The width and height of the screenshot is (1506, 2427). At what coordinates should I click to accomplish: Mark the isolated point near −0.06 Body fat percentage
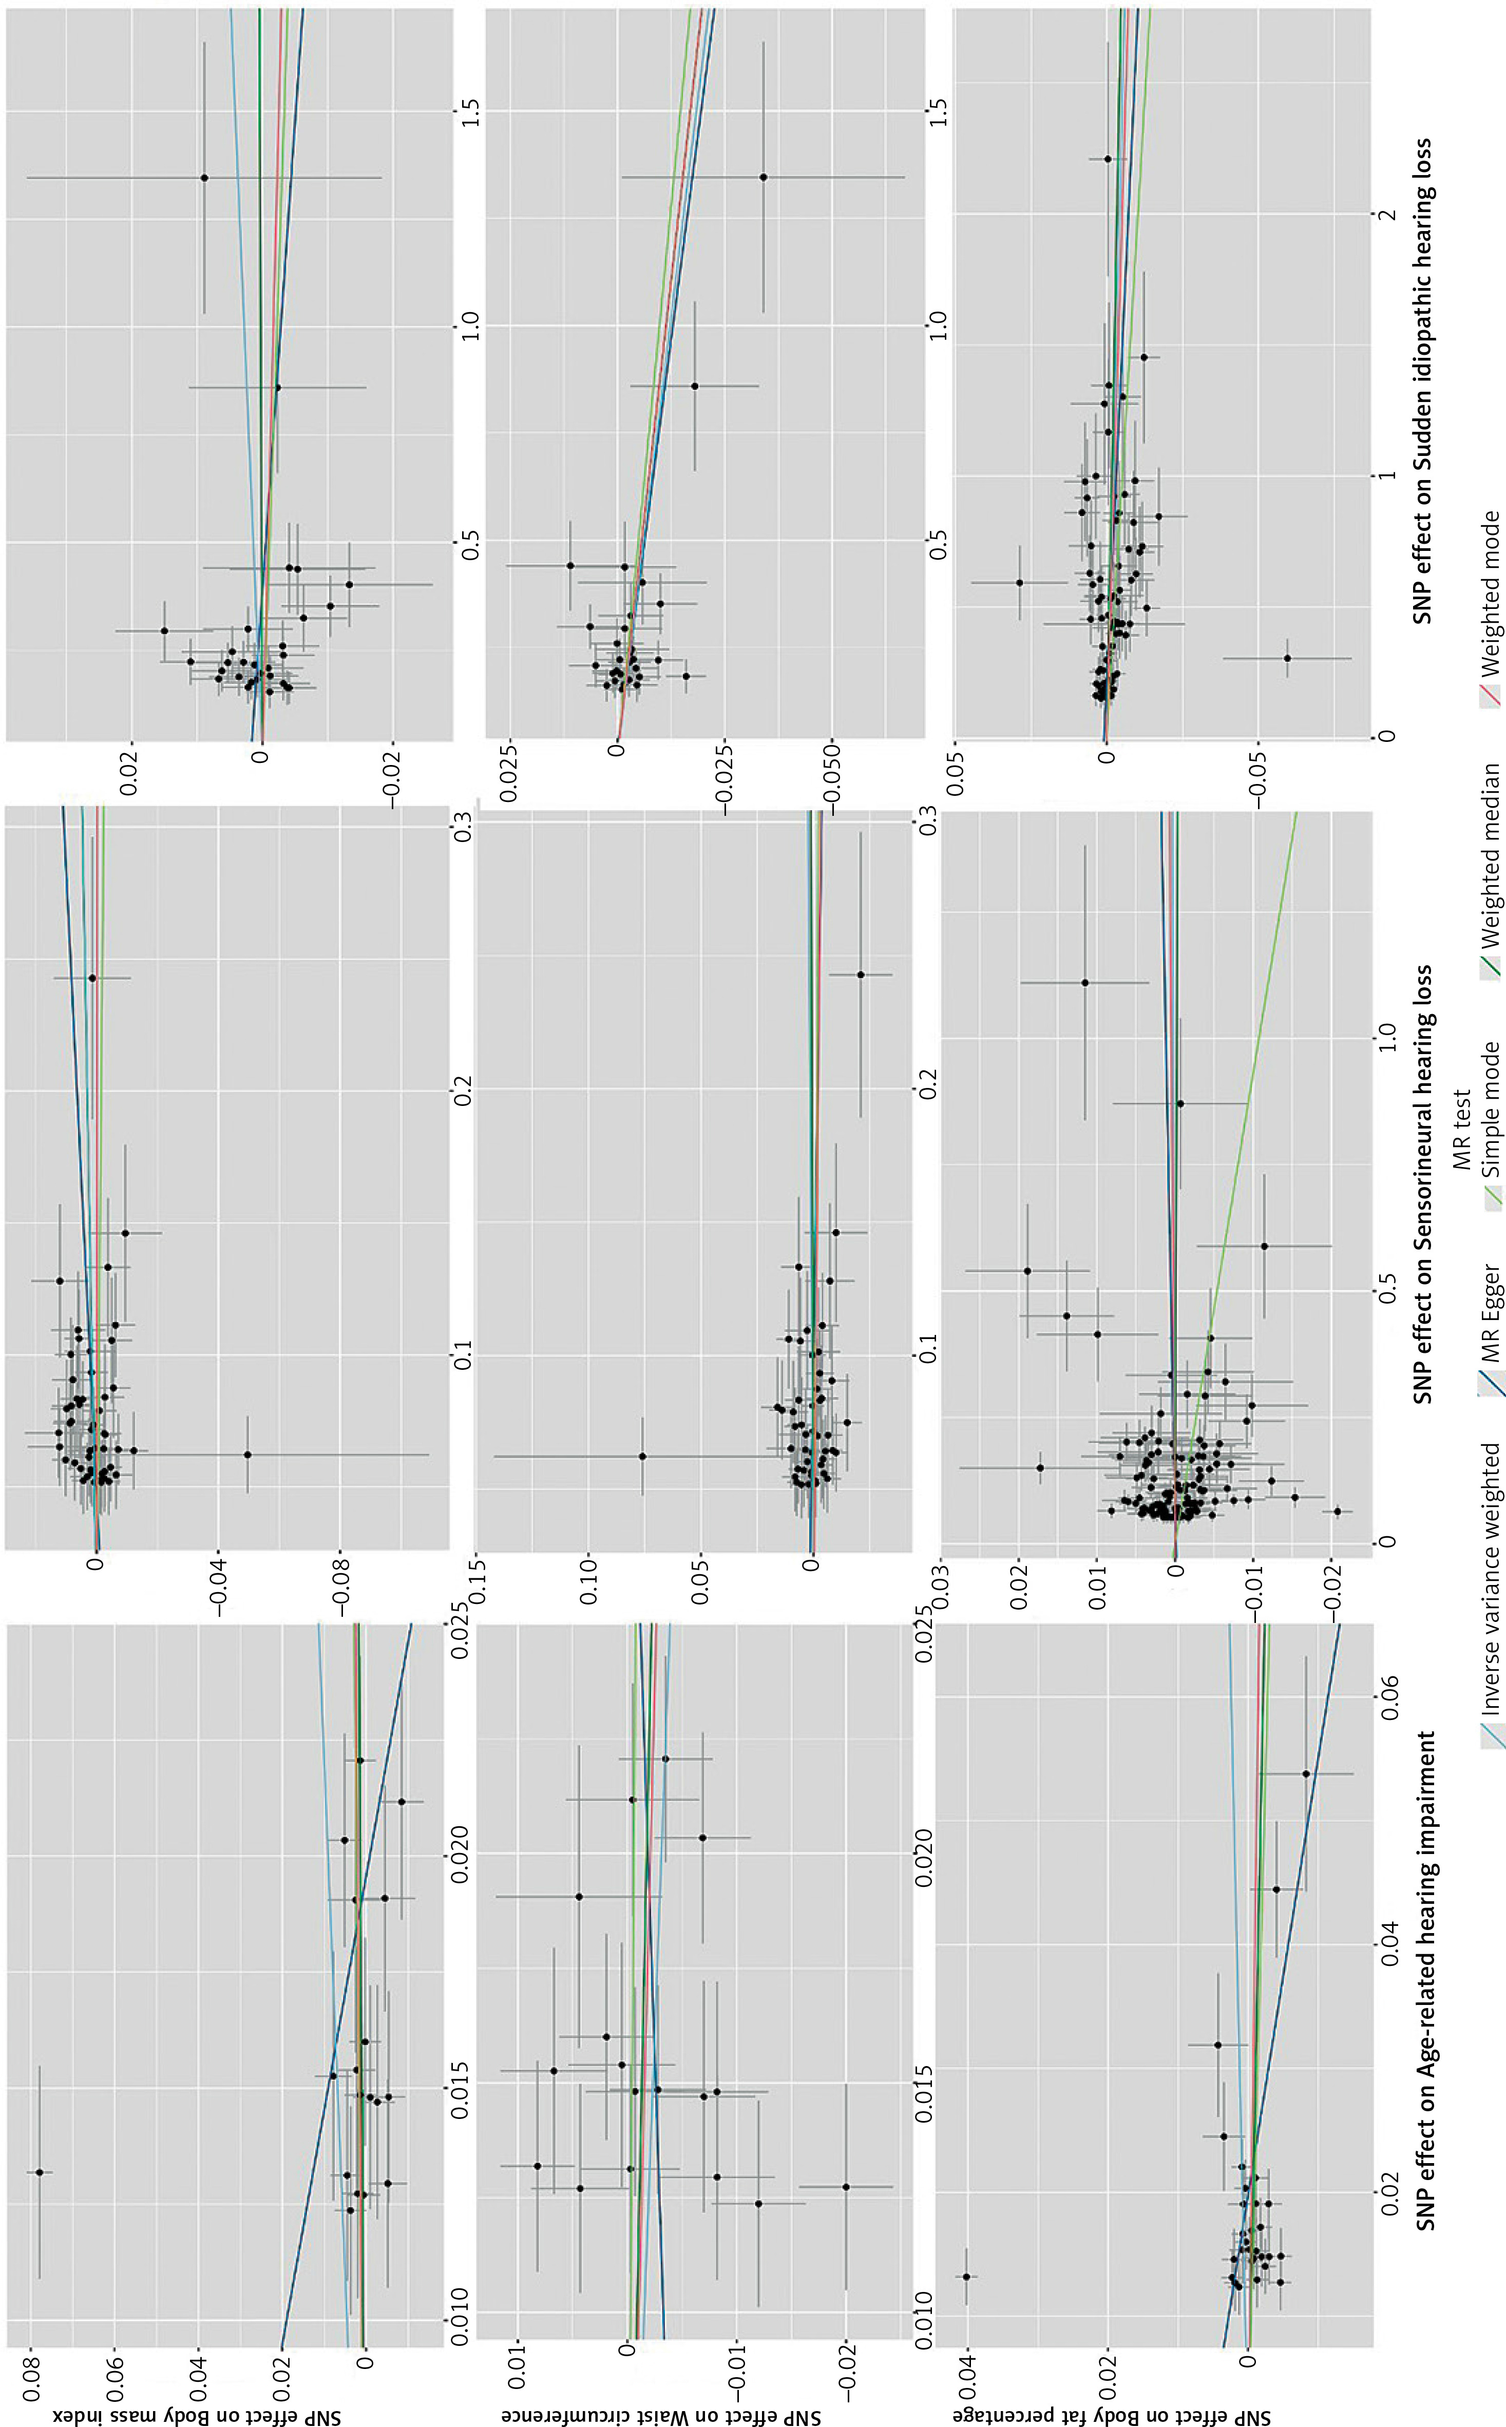tap(1287, 657)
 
